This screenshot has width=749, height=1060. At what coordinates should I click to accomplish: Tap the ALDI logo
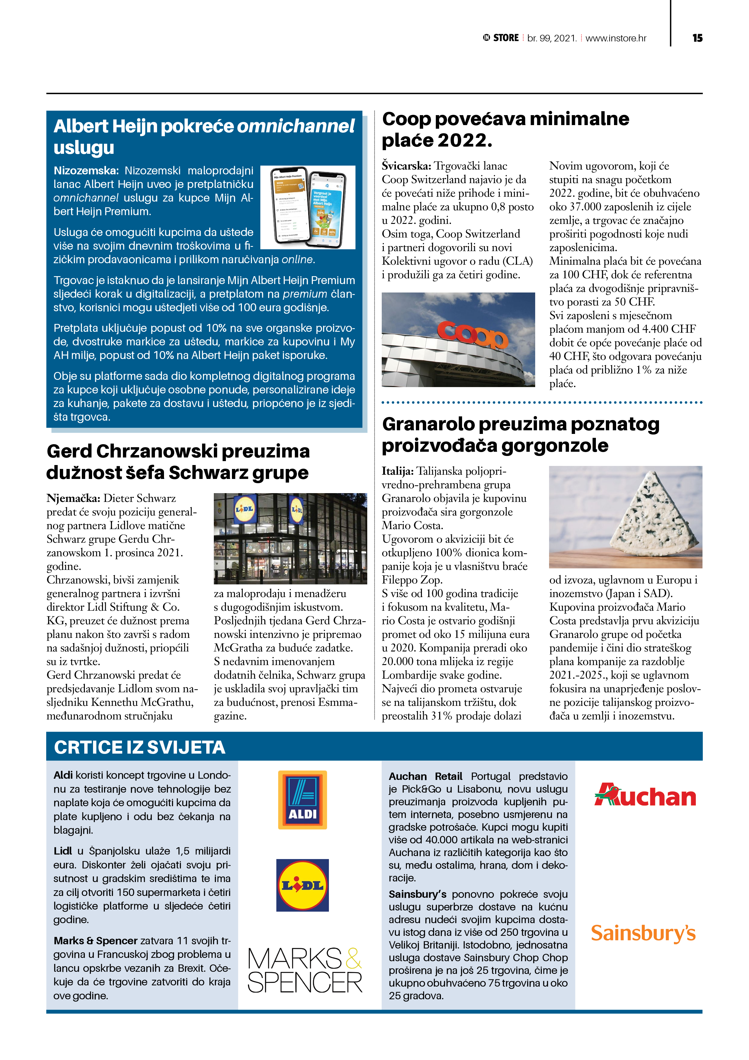tap(302, 800)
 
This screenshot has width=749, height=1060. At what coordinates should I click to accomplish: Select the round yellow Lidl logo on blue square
tap(302, 885)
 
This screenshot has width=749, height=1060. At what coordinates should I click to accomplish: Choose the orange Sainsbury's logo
tap(643, 933)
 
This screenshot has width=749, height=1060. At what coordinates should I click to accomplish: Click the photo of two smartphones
tap(308, 207)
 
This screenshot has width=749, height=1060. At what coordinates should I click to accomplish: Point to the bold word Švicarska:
tap(406, 166)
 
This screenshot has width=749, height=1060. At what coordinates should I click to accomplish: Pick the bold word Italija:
tap(397, 471)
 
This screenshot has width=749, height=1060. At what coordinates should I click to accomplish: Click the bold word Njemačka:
tap(73, 499)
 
